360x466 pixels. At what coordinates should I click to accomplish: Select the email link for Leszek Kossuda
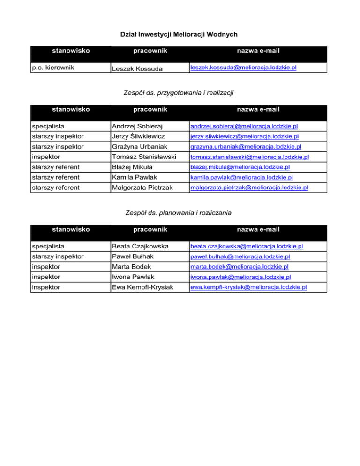243,68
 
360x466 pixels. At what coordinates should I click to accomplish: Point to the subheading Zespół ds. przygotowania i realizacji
180,93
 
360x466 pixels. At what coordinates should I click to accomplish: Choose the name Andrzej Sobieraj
136,126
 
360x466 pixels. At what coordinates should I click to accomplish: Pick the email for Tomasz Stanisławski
249,157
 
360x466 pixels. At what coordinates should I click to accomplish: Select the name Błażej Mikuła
133,167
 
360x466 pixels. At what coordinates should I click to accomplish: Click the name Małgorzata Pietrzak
143,188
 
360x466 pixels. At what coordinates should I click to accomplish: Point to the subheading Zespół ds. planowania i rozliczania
180,213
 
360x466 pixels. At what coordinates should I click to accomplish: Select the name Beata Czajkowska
140,246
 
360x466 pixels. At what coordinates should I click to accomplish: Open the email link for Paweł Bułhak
240,257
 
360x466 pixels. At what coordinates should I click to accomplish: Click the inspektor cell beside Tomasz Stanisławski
46,157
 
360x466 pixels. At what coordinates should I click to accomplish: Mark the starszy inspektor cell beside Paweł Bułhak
58,256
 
